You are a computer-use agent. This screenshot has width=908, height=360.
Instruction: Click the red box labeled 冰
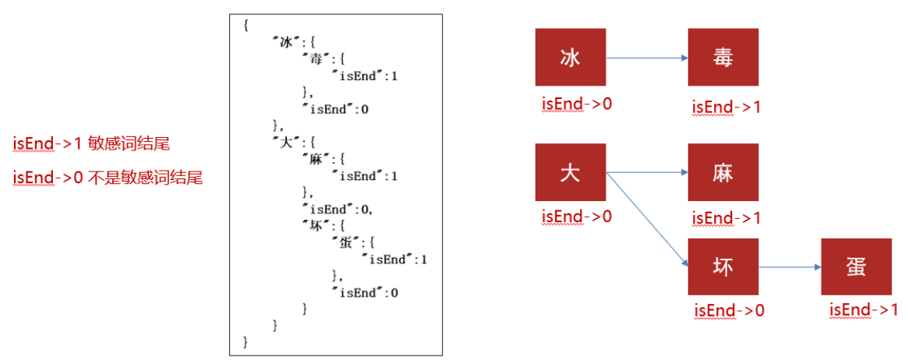[570, 57]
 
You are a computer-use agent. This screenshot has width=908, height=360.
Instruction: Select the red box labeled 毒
[723, 57]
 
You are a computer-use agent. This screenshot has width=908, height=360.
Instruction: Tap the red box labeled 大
[570, 172]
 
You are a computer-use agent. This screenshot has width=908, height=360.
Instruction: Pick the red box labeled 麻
[723, 172]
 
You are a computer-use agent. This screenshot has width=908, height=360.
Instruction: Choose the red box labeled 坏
[723, 266]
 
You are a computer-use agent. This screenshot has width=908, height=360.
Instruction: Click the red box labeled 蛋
[856, 266]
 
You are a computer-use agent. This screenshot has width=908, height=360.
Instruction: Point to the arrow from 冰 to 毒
[646, 57]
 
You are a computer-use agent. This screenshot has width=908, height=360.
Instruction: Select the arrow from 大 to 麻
[646, 172]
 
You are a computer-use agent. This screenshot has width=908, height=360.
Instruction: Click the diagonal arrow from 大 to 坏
[646, 219]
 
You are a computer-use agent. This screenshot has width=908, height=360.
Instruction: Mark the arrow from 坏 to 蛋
[790, 266]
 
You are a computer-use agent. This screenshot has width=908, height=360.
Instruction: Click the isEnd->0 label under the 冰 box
[577, 102]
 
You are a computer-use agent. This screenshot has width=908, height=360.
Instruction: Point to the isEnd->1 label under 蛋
[864, 310]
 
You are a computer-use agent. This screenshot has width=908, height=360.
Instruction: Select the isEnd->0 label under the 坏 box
[730, 310]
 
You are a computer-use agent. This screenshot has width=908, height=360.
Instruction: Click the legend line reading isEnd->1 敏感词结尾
[91, 143]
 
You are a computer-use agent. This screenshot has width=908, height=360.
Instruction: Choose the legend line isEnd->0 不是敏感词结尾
[108, 178]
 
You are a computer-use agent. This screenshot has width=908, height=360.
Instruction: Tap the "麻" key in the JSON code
[314, 159]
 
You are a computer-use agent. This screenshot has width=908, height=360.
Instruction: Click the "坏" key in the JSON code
[314, 225]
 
